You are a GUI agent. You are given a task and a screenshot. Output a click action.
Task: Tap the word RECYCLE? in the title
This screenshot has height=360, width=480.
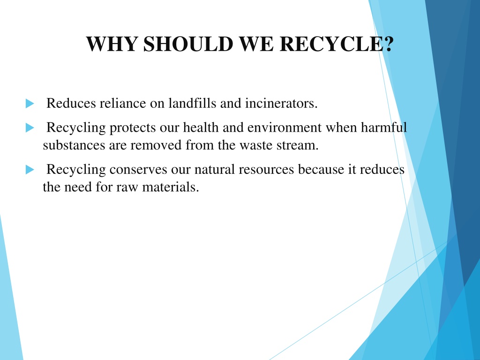click(x=337, y=44)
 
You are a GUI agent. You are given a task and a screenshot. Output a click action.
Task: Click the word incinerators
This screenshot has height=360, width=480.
click(x=281, y=103)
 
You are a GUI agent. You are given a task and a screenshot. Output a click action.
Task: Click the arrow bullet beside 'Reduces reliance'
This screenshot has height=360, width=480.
click(x=30, y=104)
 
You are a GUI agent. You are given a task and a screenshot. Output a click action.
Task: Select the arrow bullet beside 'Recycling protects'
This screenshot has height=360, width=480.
click(x=30, y=127)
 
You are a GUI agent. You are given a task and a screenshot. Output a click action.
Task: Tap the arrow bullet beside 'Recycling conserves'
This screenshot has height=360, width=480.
click(x=30, y=169)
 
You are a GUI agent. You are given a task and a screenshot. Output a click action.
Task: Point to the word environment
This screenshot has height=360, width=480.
click(x=285, y=127)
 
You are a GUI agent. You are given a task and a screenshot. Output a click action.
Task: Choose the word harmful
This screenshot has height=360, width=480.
click(x=384, y=127)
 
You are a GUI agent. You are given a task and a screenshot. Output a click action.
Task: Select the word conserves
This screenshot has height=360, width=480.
click(x=138, y=169)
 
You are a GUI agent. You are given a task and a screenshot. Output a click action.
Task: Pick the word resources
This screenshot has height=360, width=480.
click(x=266, y=170)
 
